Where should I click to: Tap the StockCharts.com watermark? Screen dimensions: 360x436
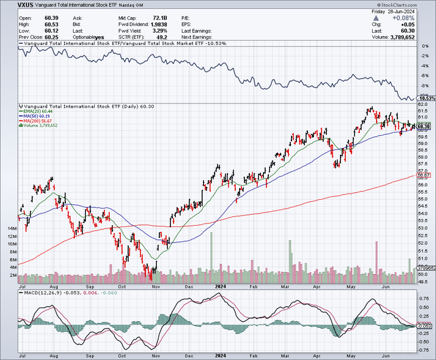[x=414, y=5]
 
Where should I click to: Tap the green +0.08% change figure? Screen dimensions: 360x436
[x=420, y=18]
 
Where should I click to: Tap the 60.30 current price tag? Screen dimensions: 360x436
[x=424, y=127]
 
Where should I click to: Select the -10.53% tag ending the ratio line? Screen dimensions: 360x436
[x=426, y=99]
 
